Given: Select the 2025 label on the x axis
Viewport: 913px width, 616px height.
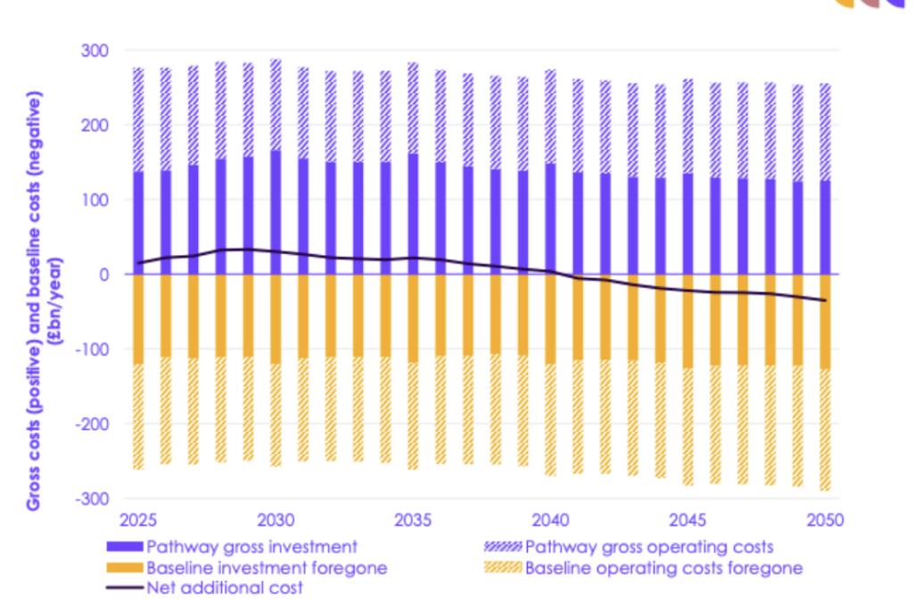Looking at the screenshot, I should [x=138, y=520].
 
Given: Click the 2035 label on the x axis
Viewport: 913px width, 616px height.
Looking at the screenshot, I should [x=413, y=520].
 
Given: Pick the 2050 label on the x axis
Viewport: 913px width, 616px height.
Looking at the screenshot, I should [x=825, y=520].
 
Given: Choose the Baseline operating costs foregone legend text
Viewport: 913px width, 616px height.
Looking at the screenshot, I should [x=664, y=568].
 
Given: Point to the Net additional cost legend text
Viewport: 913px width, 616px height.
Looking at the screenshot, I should [x=225, y=588].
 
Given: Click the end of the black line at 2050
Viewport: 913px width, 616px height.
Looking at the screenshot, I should [x=826, y=300].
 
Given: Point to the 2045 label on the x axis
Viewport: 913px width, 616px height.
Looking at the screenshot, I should [x=687, y=520].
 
